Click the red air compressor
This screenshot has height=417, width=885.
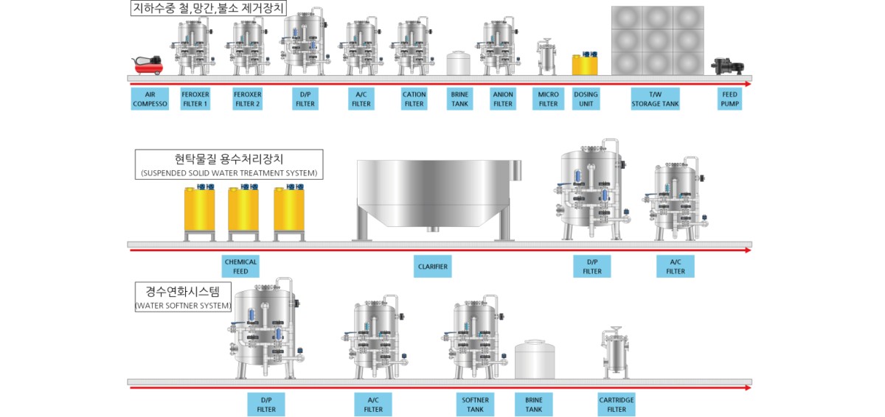pyautogui.click(x=147, y=65)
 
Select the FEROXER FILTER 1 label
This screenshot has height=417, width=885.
pyautogui.click(x=195, y=99)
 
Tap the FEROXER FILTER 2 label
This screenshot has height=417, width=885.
pyautogui.click(x=247, y=99)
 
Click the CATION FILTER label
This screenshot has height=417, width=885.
pyautogui.click(x=414, y=99)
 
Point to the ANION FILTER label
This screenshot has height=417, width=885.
pyautogui.click(x=503, y=99)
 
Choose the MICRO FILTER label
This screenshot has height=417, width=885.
pyautogui.click(x=549, y=99)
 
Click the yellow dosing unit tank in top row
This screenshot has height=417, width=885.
pyautogui.click(x=585, y=63)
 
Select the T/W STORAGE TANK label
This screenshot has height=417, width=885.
pyautogui.click(x=655, y=99)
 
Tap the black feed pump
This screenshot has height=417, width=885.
pyautogui.click(x=727, y=66)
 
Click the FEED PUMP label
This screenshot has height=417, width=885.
pyautogui.click(x=729, y=99)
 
